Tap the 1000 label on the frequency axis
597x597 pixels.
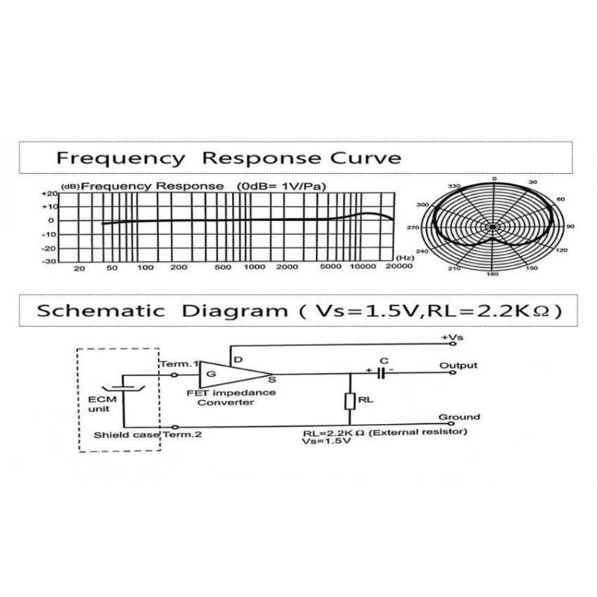click(255, 267)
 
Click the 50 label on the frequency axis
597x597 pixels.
click(111, 267)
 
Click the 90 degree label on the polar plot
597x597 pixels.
click(570, 226)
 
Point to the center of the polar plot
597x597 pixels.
click(493, 226)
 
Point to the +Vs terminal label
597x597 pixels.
click(452, 338)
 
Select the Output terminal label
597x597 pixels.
click(459, 365)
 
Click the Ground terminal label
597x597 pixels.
click(459, 417)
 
